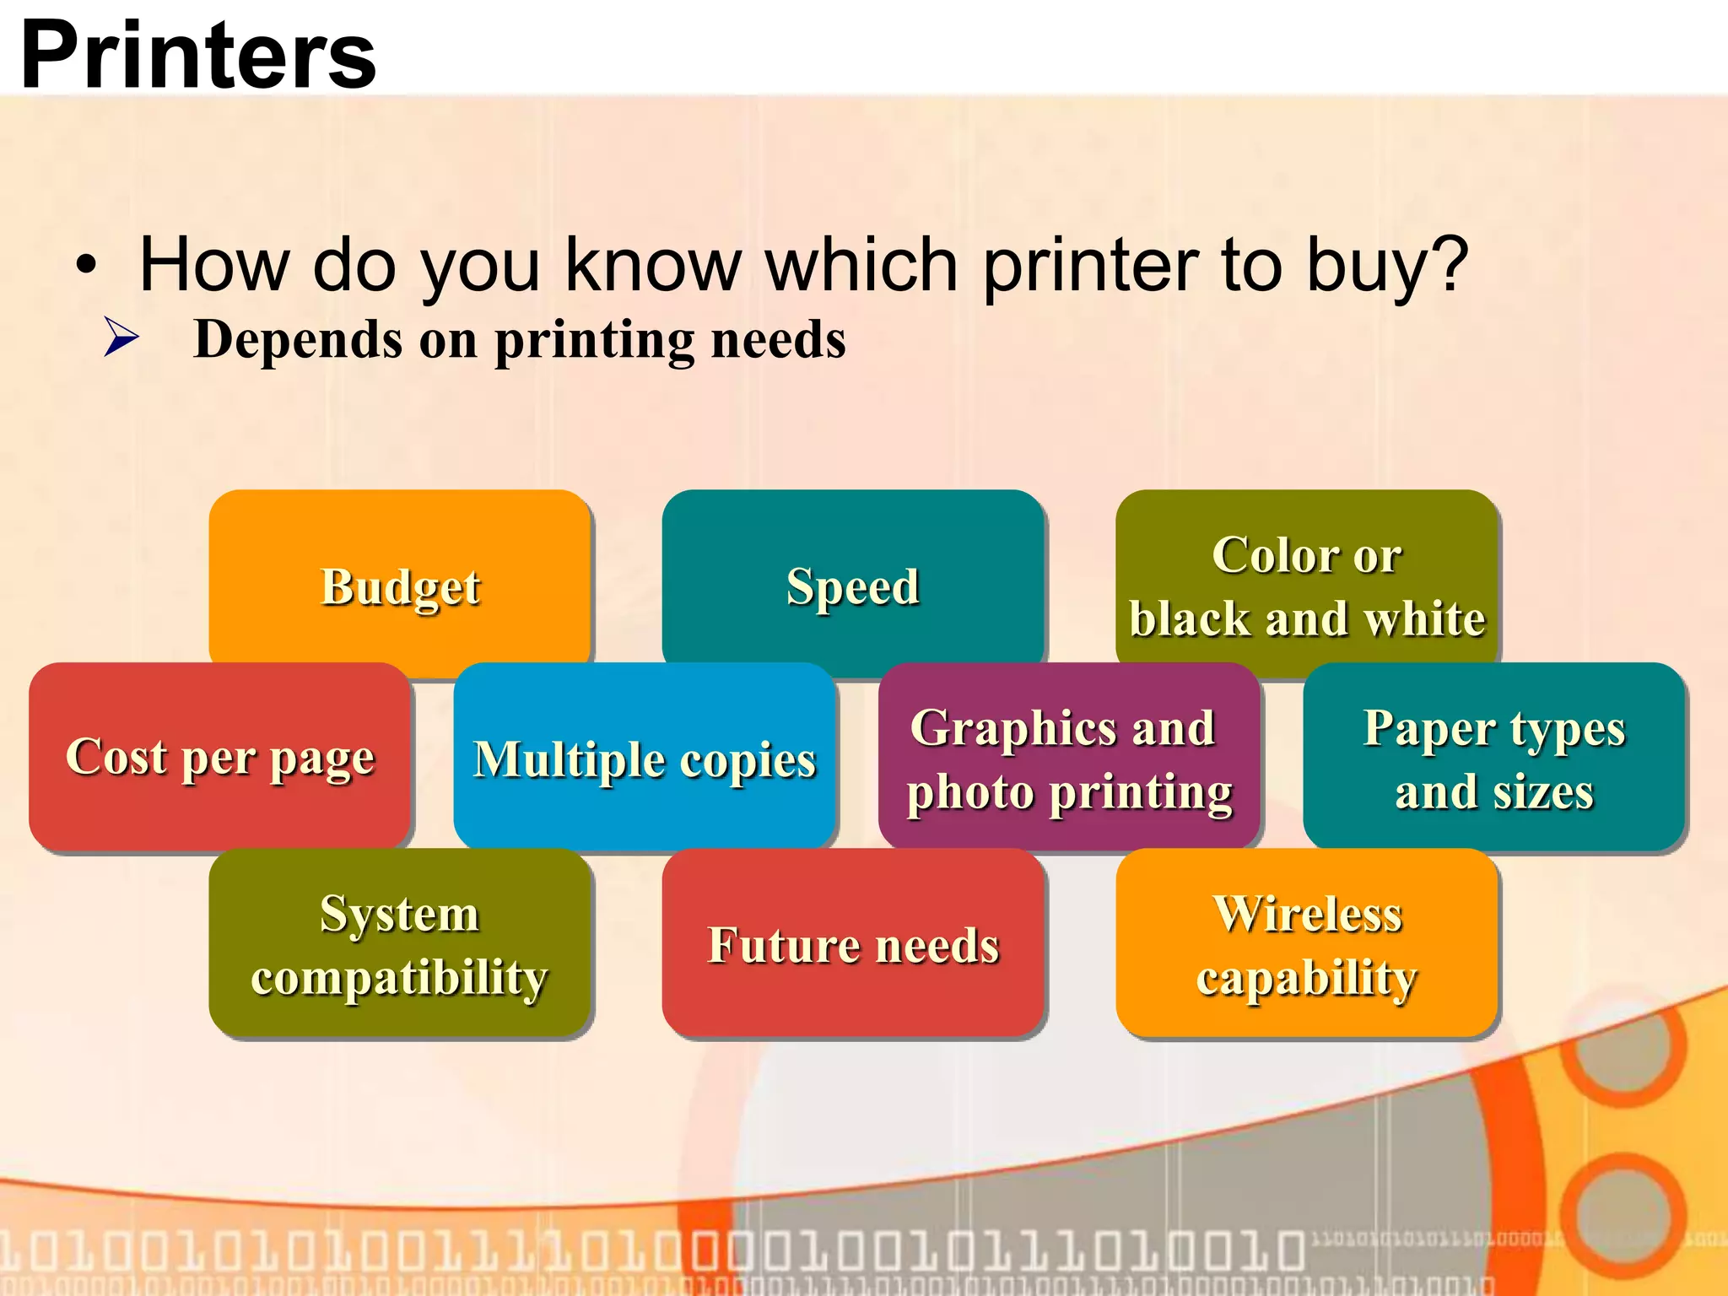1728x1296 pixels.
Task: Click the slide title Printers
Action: click(x=198, y=56)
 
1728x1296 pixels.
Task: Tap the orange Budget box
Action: click(x=400, y=585)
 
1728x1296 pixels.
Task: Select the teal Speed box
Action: click(x=853, y=585)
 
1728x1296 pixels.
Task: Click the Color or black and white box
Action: click(x=1306, y=585)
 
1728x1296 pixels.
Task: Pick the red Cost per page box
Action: click(x=219, y=757)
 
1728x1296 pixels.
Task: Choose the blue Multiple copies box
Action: click(x=645, y=757)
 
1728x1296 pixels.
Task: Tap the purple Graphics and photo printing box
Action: click(x=1069, y=757)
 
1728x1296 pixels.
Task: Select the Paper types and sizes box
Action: click(x=1493, y=757)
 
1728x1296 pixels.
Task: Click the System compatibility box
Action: click(x=400, y=943)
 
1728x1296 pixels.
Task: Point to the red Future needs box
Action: click(x=853, y=943)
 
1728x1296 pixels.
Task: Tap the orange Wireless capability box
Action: click(x=1306, y=943)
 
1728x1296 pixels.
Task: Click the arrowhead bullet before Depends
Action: click(x=121, y=337)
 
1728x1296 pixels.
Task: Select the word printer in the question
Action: click(x=1091, y=266)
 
